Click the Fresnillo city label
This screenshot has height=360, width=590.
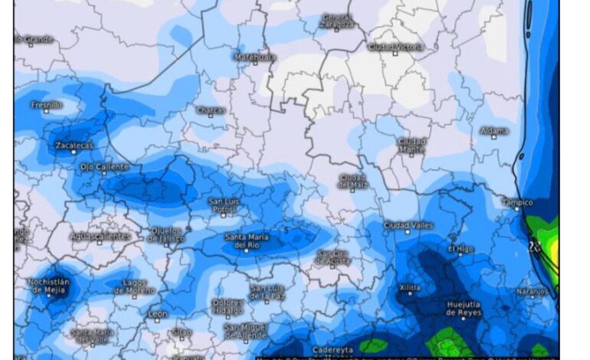tap(47, 104)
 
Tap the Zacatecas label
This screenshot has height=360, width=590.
tap(74, 145)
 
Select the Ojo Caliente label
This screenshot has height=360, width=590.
tap(104, 166)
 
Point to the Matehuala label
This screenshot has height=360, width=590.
tap(254, 57)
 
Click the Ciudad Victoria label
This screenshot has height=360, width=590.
tap(395, 47)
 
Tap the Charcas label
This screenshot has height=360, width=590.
tap(210, 110)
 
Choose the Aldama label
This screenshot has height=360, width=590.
tap(494, 131)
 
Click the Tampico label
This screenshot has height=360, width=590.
tap(516, 202)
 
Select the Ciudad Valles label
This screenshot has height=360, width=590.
tap(408, 225)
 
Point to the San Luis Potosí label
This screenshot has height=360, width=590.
tap(228, 205)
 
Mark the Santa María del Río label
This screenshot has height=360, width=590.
tap(247, 241)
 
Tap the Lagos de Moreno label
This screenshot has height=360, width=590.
tap(135, 287)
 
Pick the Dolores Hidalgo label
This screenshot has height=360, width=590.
tap(228, 306)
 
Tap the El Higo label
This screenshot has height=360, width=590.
tap(461, 249)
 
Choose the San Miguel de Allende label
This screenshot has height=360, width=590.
tap(246, 331)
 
